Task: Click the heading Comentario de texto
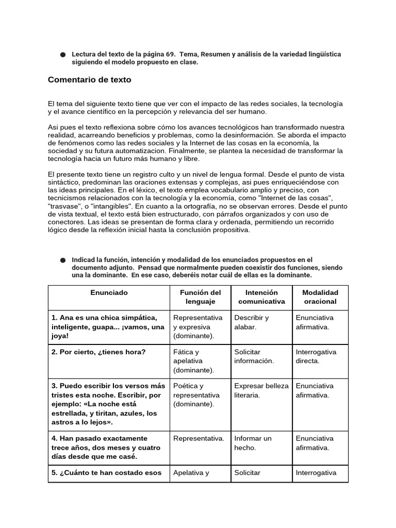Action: [89, 80]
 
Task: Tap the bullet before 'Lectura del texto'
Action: [63, 54]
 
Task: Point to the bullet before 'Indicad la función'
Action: [63, 260]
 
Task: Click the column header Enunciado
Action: [109, 292]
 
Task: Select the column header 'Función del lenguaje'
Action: [200, 297]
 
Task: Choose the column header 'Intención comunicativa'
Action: [261, 297]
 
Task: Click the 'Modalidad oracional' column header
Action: [320, 297]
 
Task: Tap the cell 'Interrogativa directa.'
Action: [316, 356]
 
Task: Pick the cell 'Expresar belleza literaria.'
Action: [261, 390]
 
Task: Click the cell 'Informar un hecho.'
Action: [253, 443]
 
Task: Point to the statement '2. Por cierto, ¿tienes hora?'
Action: [98, 352]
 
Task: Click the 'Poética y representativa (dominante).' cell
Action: [196, 395]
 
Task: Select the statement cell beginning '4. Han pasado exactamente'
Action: [106, 448]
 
